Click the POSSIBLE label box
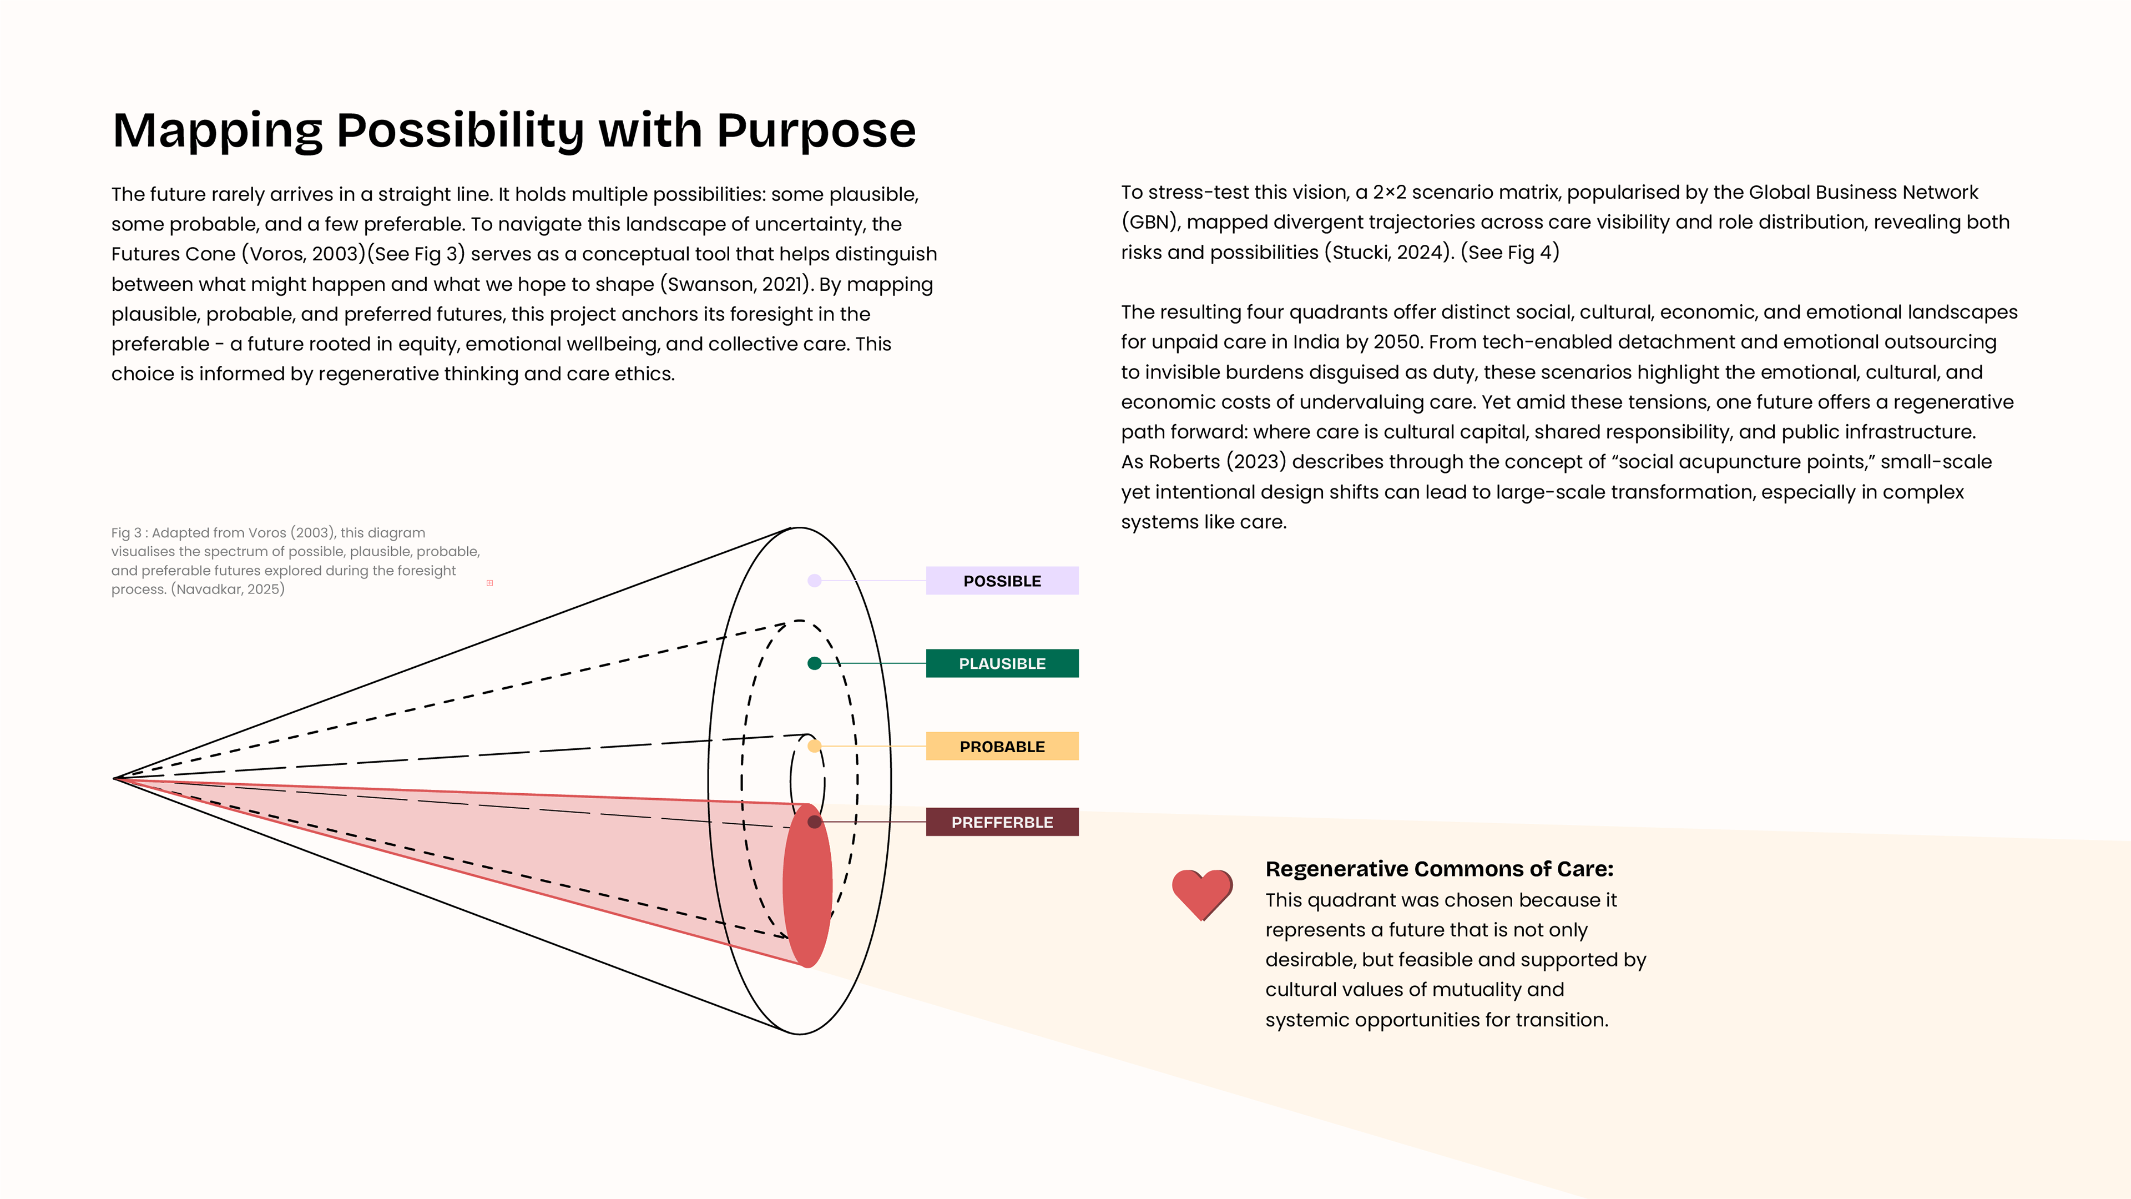tap(1002, 581)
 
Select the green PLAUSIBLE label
tap(1002, 664)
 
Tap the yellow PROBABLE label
tap(1002, 747)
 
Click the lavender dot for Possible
tap(815, 581)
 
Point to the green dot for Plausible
tap(815, 664)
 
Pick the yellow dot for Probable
tap(815, 747)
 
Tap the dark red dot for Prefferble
tap(815, 822)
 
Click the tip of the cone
tap(116, 779)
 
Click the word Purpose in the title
tap(816, 131)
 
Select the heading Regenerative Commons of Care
tap(1438, 869)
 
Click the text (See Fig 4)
tap(1509, 253)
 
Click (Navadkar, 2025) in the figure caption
tap(228, 589)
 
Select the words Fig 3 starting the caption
tap(126, 533)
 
